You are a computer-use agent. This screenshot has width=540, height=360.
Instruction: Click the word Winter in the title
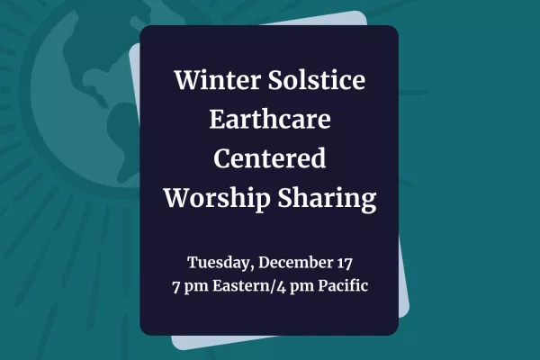(x=217, y=79)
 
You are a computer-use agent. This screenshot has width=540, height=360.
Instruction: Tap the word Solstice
(x=317, y=79)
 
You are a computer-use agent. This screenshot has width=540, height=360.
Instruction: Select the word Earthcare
(x=270, y=119)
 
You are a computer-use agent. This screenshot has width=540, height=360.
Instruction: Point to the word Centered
(x=270, y=158)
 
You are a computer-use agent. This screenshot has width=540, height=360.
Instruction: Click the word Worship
(x=217, y=198)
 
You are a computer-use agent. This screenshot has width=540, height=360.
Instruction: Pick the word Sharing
(x=328, y=198)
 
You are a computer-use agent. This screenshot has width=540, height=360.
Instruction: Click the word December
(x=295, y=263)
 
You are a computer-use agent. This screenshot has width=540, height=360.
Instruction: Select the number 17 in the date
(x=344, y=263)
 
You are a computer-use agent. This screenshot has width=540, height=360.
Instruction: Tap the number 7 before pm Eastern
(x=176, y=286)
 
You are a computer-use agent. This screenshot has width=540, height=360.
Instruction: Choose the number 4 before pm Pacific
(x=282, y=286)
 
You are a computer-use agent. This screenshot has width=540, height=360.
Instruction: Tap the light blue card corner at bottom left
(x=175, y=346)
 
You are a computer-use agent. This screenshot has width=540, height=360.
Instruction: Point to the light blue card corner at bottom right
(x=407, y=312)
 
